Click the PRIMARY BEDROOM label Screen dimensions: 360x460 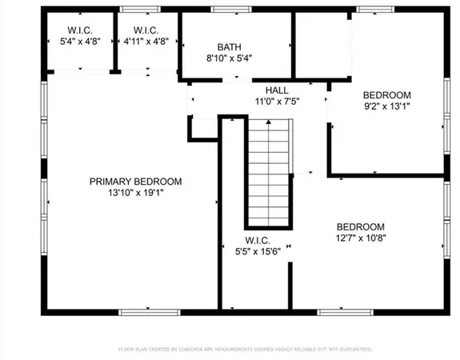pos(135,182)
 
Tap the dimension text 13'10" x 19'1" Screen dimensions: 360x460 pos(135,193)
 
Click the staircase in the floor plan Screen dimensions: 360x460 pos(268,172)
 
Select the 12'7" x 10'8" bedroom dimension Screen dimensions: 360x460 pos(360,238)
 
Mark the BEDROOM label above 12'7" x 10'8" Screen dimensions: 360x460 pos(360,226)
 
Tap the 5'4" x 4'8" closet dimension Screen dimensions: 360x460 pos(80,43)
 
